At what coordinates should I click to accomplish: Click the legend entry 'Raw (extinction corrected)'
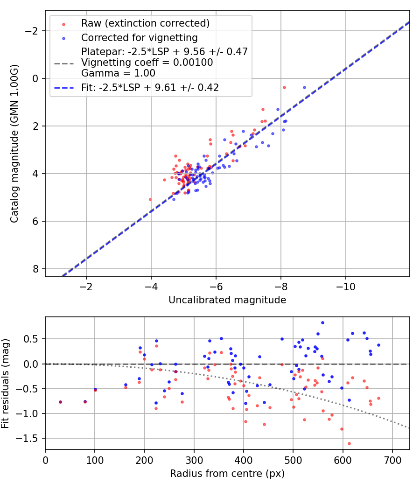pyautogui.click(x=145, y=23)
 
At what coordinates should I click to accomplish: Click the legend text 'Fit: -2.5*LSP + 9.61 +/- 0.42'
pyautogui.click(x=150, y=87)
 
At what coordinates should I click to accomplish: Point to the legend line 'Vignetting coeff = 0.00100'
pyautogui.click(x=147, y=63)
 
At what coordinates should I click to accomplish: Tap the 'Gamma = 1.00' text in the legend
pyautogui.click(x=118, y=73)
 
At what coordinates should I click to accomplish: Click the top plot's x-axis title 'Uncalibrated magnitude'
pyautogui.click(x=227, y=300)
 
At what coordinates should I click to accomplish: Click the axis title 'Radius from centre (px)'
pyautogui.click(x=227, y=474)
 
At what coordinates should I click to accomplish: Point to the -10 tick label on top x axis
pyautogui.click(x=345, y=285)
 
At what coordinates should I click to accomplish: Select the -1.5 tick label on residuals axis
pyautogui.click(x=32, y=439)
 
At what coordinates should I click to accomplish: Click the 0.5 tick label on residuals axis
pyautogui.click(x=35, y=339)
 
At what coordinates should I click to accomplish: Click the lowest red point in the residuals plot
pyautogui.click(x=349, y=443)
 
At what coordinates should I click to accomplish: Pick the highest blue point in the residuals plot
pyautogui.click(x=322, y=322)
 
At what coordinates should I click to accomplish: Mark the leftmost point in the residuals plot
pyautogui.click(x=60, y=402)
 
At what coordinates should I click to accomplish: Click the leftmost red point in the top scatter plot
pyautogui.click(x=150, y=199)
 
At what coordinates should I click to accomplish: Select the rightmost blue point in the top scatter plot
pyautogui.click(x=304, y=87)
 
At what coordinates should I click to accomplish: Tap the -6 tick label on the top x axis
pyautogui.click(x=216, y=285)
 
